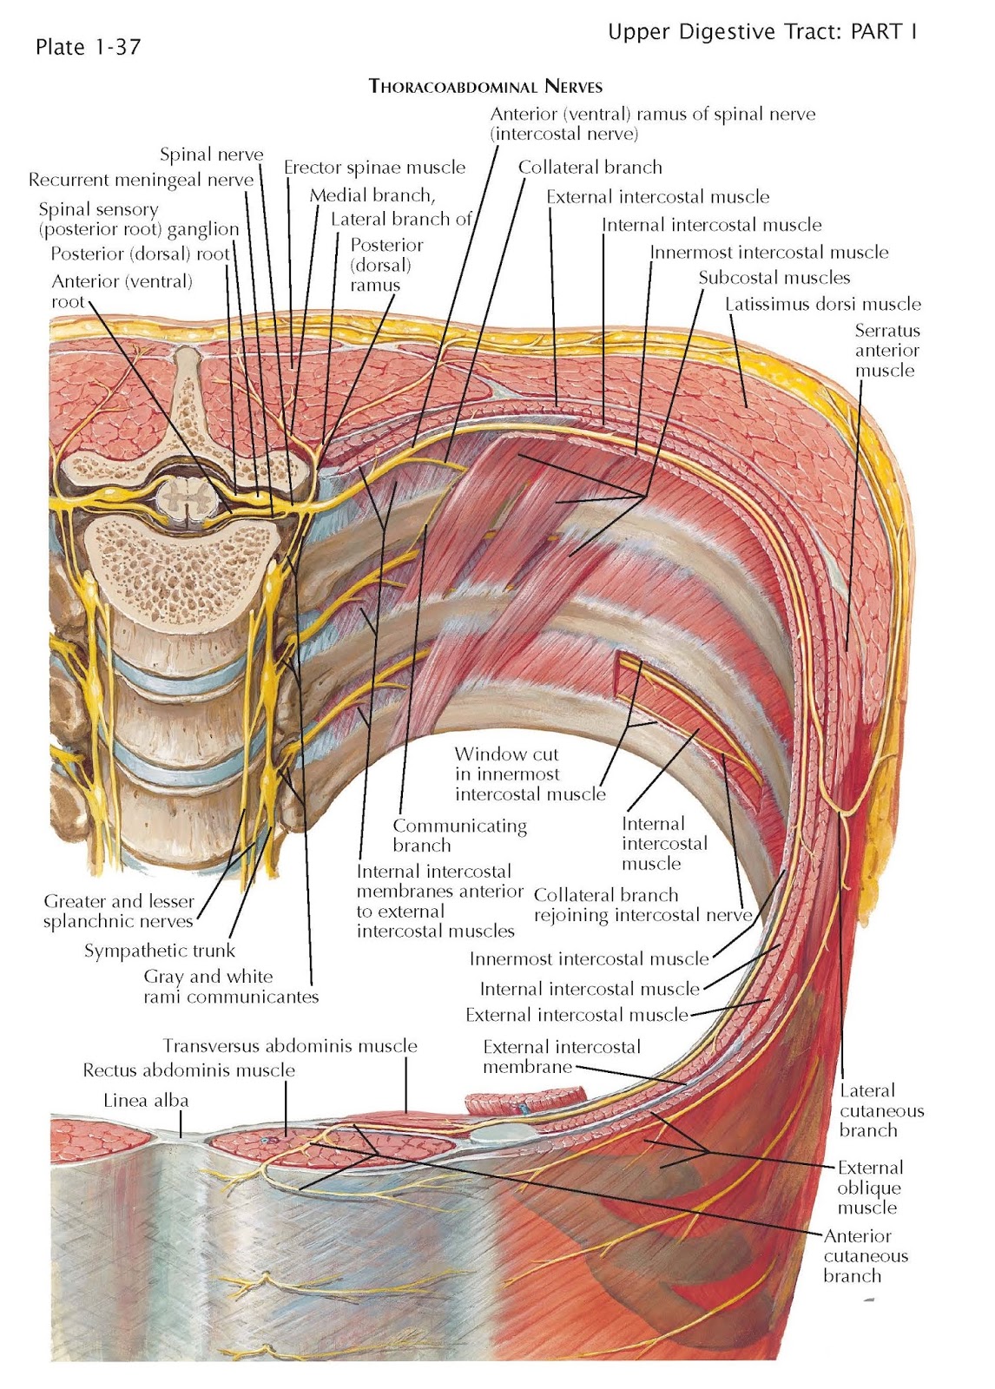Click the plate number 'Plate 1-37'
(88, 47)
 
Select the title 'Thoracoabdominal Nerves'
(485, 86)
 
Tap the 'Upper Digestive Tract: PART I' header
(762, 32)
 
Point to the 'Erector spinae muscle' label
(374, 168)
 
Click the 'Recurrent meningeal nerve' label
(141, 181)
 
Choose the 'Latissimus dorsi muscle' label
(822, 304)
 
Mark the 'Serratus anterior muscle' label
(886, 350)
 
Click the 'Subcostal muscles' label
(774, 278)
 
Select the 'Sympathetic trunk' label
(160, 951)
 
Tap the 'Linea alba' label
(146, 1101)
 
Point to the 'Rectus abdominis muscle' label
(188, 1070)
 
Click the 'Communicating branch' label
(459, 835)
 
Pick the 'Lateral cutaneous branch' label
(880, 1110)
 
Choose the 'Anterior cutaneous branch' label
(865, 1255)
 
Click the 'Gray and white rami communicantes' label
(231, 987)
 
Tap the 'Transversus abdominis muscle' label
(289, 1046)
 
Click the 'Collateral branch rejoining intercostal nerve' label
(642, 905)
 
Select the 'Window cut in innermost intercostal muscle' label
(529, 774)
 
